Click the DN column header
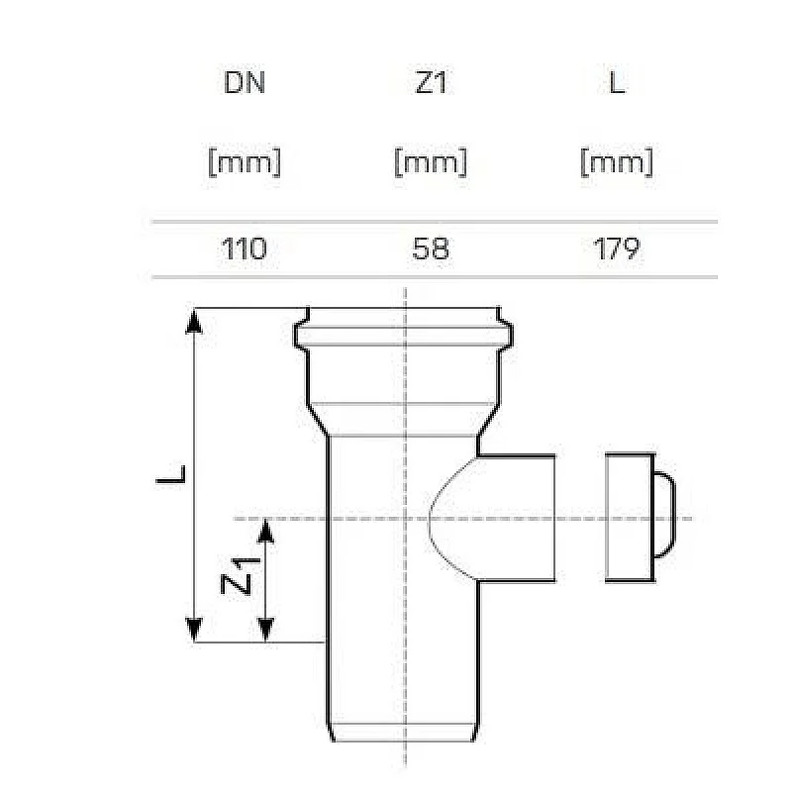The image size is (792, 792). click(245, 83)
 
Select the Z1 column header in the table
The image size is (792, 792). click(431, 83)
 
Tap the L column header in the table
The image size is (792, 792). click(616, 83)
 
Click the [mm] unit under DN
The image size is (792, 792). click(245, 161)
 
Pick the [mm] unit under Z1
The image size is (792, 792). click(431, 161)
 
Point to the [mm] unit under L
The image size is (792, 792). click(616, 161)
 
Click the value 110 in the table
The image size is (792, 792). click(245, 248)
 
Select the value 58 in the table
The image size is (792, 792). click(431, 248)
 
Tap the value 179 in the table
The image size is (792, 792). click(616, 248)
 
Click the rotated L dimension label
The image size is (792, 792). click(171, 476)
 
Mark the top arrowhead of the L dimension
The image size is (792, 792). click(195, 319)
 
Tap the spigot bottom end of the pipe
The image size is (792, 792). click(406, 731)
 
